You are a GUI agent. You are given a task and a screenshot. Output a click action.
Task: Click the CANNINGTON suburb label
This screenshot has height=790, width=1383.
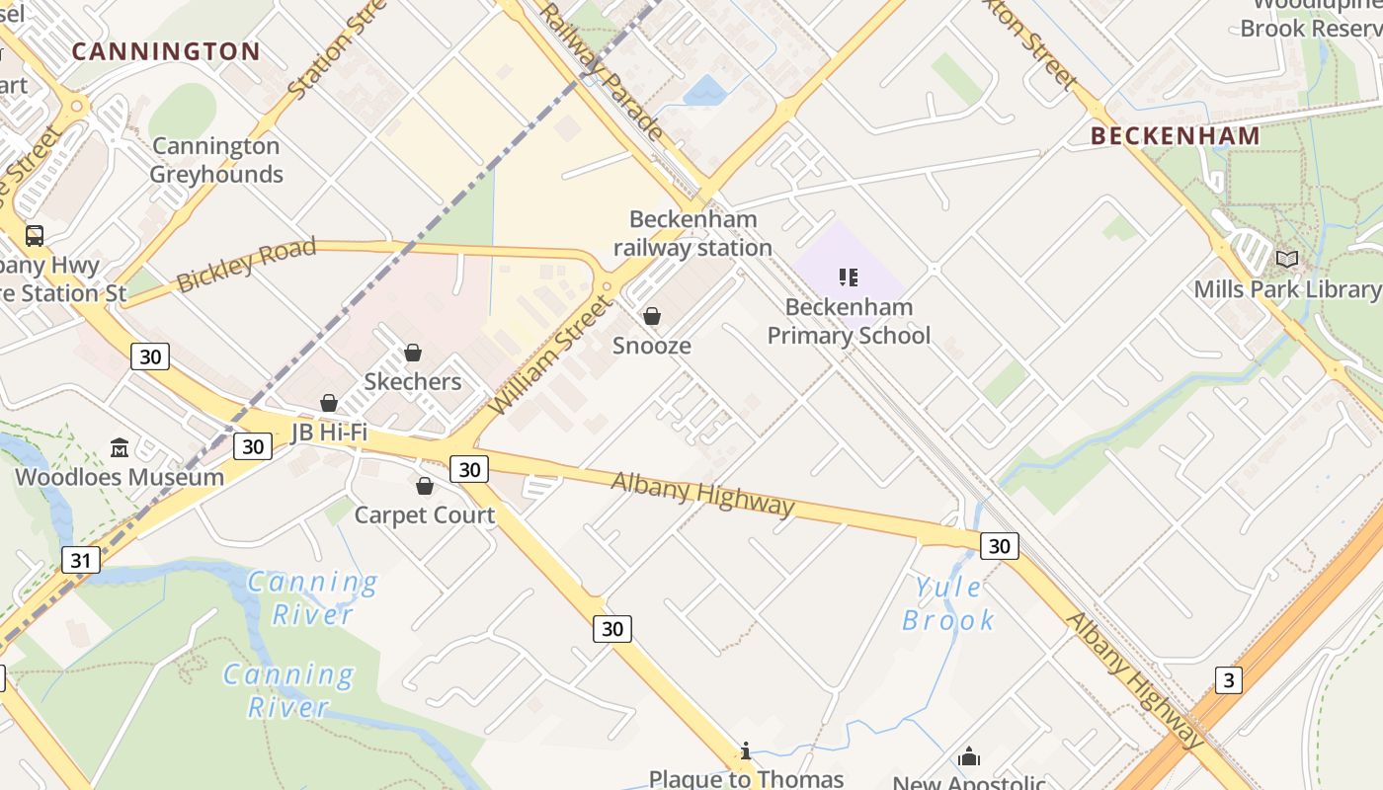pos(166,51)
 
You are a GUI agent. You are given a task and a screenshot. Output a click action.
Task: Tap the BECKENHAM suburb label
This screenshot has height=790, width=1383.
pos(1176,136)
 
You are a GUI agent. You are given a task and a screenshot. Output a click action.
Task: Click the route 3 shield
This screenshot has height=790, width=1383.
pos(1228,679)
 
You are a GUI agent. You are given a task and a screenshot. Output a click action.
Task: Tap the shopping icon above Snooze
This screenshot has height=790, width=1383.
pos(652,317)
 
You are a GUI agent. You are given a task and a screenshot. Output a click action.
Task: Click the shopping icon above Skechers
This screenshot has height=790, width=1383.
pos(413,353)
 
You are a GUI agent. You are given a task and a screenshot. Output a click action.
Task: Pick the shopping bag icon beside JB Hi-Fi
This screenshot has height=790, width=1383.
pos(328,403)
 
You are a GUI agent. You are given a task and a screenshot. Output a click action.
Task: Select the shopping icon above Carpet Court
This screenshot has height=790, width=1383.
pos(425,486)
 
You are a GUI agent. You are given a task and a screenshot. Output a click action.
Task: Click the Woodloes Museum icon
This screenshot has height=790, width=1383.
pos(120,448)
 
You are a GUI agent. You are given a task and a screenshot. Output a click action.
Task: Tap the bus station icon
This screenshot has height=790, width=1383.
pos(35,236)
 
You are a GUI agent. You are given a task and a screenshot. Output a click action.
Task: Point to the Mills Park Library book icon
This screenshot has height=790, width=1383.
pos(1286,260)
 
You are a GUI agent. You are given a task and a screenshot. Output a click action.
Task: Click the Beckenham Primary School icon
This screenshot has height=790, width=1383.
pos(849,278)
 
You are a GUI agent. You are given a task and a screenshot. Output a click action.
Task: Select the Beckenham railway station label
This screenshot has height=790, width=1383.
pos(692,233)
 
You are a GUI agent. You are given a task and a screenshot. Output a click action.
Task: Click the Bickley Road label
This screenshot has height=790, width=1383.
pos(246,264)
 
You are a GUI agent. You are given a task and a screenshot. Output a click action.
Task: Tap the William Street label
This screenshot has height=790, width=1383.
pos(551,357)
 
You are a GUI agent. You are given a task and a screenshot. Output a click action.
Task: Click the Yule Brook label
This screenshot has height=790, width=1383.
pos(948,603)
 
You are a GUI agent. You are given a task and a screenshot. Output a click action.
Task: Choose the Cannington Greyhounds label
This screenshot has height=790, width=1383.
pos(216,160)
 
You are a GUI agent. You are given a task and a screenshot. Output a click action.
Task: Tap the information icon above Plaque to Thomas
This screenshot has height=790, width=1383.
pos(746,751)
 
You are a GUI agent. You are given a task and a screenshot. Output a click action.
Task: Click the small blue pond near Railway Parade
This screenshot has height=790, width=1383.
pos(705,91)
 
